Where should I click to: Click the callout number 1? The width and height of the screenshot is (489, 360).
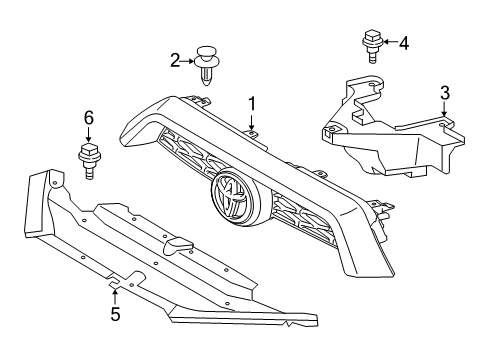coord(253,103)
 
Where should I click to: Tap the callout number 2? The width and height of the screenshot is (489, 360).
coord(174,60)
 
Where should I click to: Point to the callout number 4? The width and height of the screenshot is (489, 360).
coord(403,43)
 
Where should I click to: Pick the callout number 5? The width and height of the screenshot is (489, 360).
coord(115,315)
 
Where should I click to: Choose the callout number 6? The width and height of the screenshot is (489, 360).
coord(88,118)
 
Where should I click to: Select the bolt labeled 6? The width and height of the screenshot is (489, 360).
coord(88,160)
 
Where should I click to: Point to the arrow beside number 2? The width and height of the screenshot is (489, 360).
coord(188,61)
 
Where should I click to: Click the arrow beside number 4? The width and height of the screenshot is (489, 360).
coord(389,43)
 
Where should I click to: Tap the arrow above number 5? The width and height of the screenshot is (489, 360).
coord(115,294)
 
